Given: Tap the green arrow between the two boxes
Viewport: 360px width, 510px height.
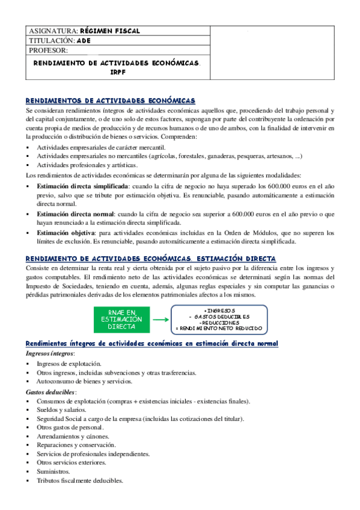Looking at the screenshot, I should [x=157, y=320].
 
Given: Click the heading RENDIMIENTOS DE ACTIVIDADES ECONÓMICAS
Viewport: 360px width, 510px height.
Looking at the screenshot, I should [x=111, y=100].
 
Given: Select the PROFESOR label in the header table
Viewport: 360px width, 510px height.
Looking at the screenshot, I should [x=49, y=51].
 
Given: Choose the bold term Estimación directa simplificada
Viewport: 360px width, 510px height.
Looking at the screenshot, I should [x=82, y=187].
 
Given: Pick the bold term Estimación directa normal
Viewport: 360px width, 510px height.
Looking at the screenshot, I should [x=75, y=214].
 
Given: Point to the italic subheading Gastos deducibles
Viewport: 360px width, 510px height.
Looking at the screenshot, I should [x=50, y=392].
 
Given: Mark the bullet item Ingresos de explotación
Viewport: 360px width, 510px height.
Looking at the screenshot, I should [x=69, y=364].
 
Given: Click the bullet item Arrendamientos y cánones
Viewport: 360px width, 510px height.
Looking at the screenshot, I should [x=73, y=436].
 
